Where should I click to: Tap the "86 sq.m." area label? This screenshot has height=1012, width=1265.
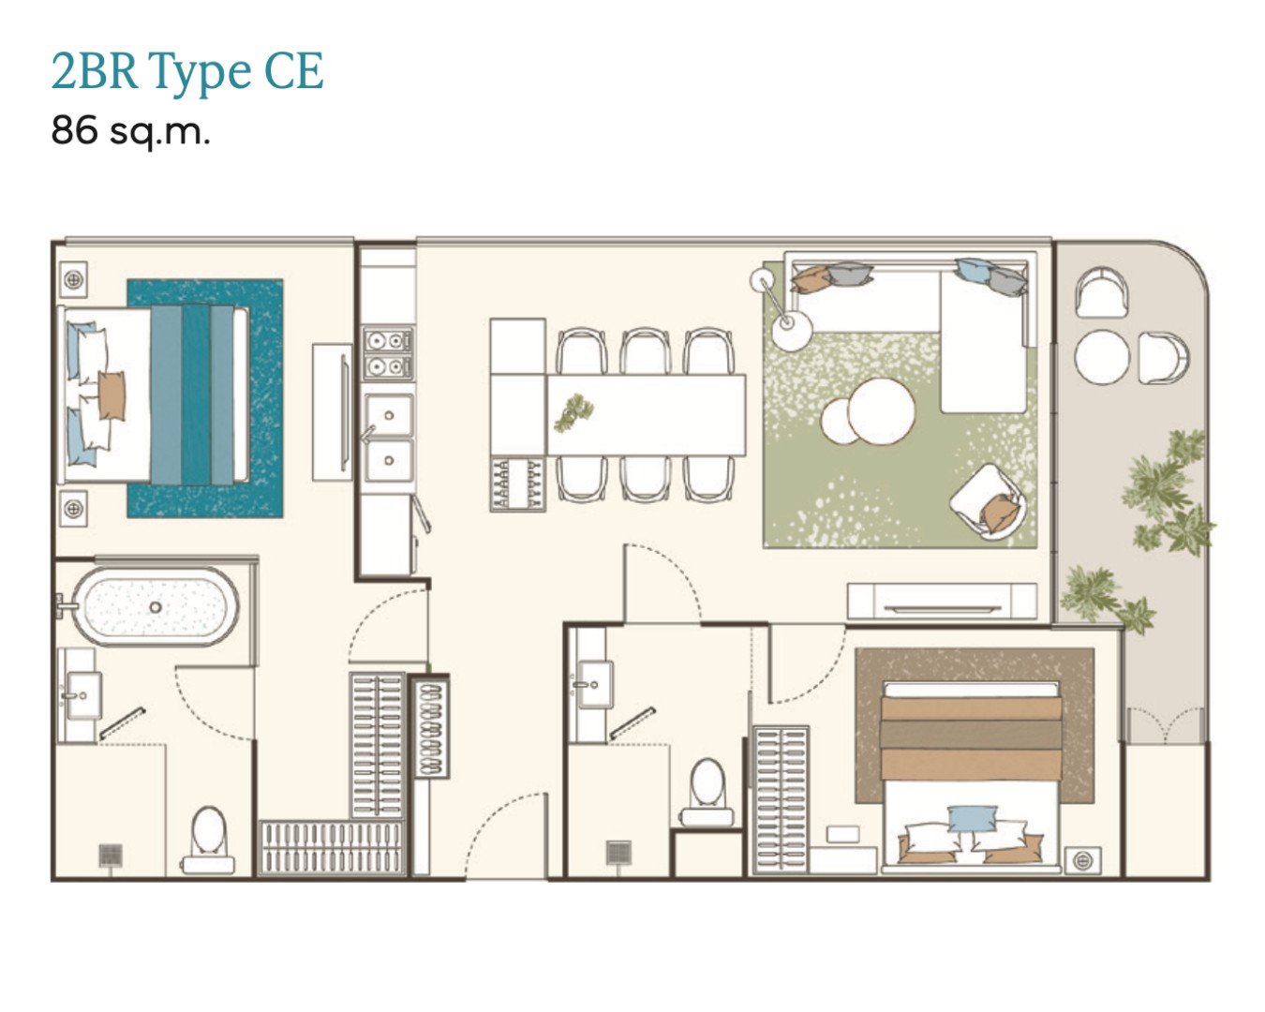click(x=130, y=130)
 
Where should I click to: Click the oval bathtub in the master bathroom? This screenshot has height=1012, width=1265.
click(x=155, y=607)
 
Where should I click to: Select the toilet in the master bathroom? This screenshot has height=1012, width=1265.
click(x=208, y=840)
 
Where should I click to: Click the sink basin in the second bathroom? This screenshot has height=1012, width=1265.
click(x=595, y=685)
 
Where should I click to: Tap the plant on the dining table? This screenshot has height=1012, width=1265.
click(x=573, y=411)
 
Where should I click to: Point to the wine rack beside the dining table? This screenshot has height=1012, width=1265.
click(x=517, y=484)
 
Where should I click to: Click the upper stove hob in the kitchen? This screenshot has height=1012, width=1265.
click(x=388, y=339)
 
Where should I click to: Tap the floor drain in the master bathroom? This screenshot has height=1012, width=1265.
click(x=110, y=855)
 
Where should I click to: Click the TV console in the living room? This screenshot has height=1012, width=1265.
click(x=942, y=601)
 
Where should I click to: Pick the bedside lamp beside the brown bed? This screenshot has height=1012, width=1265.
click(x=1082, y=860)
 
